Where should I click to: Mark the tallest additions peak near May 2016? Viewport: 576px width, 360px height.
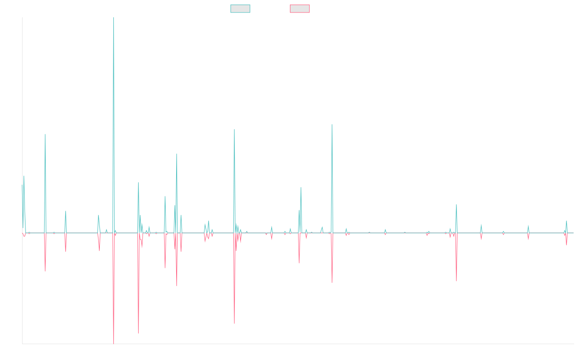(114, 18)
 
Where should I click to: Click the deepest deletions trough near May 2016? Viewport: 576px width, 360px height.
(114, 343)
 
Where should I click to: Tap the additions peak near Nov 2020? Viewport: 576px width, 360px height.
(332, 123)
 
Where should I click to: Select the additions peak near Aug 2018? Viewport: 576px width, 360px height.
(234, 130)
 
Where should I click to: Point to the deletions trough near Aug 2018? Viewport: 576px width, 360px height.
(234, 324)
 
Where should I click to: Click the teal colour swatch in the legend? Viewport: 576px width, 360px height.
(240, 9)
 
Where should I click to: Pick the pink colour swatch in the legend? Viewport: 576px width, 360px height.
(300, 9)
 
